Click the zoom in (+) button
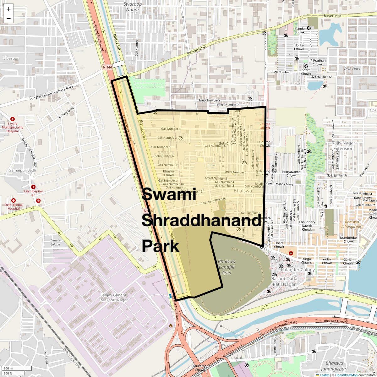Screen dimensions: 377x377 tap(8, 9)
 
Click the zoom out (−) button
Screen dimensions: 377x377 tap(8, 19)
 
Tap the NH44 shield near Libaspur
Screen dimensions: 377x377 tap(107, 67)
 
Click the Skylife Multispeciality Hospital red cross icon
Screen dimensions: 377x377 tap(13, 119)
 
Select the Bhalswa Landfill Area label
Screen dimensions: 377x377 tap(227, 267)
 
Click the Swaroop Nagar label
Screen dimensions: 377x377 tap(133, 7)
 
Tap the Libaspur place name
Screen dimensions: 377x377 tap(11, 58)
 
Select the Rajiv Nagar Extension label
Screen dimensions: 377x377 tap(343, 146)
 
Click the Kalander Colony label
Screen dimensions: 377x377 tap(298, 270)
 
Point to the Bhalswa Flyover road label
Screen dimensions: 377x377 tap(336, 321)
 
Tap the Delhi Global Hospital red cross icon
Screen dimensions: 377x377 tap(14, 200)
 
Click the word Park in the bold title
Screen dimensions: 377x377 tap(161, 246)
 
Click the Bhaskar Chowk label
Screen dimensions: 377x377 tap(169, 173)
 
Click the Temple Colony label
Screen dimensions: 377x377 tap(55, 243)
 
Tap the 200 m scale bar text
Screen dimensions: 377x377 tap(8, 368)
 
